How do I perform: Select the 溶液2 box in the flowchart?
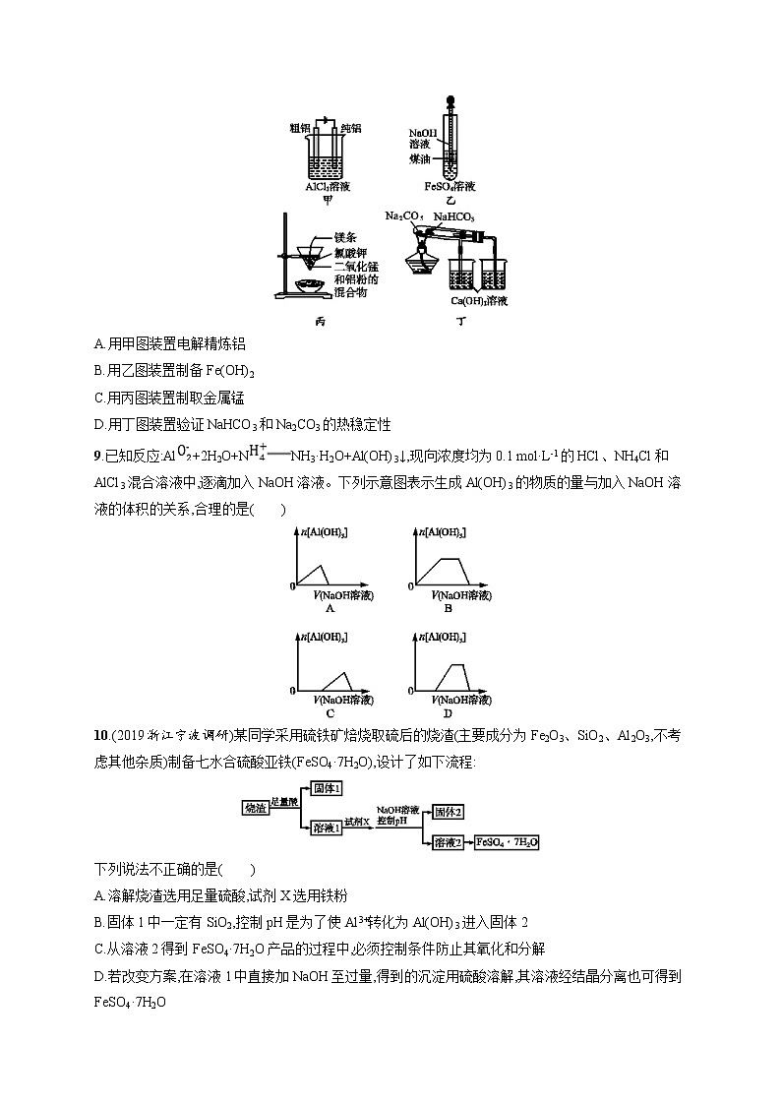click(450, 842)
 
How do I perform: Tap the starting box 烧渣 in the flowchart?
click(256, 807)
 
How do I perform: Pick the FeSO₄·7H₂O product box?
click(508, 842)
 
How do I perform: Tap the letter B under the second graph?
click(448, 608)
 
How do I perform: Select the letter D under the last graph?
click(448, 712)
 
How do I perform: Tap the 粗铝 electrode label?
click(300, 128)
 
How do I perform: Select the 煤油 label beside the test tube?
click(420, 157)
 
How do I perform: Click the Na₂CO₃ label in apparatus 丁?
click(404, 215)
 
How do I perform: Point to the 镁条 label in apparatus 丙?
click(344, 237)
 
